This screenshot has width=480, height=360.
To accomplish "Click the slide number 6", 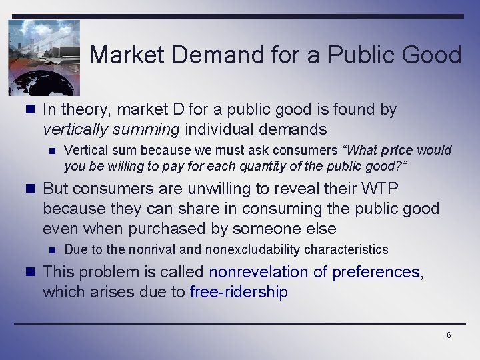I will click(x=449, y=335).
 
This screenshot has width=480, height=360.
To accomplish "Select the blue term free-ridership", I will click(x=239, y=292).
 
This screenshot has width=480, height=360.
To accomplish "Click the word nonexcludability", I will click(x=247, y=249).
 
